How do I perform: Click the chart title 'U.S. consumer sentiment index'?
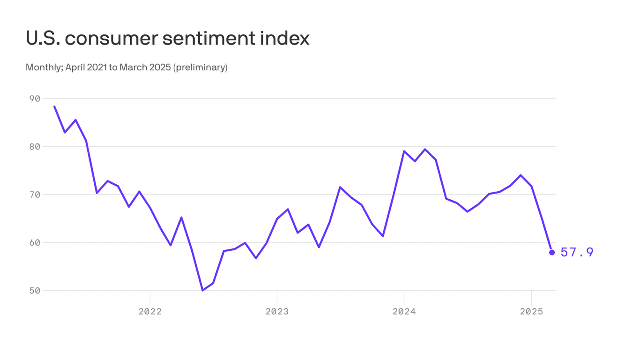click(167, 38)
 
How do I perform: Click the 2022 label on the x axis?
click(150, 312)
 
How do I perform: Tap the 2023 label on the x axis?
click(277, 312)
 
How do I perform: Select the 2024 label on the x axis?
click(404, 312)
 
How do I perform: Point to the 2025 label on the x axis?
click(531, 312)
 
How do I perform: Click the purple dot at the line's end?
click(552, 252)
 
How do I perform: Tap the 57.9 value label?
click(577, 253)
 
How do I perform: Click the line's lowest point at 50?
click(202, 290)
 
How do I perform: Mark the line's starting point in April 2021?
click(54, 106)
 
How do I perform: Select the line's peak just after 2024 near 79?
click(425, 149)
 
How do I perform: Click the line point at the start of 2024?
click(404, 151)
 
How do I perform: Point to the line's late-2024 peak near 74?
click(521, 175)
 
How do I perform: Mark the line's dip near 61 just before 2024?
click(383, 236)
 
